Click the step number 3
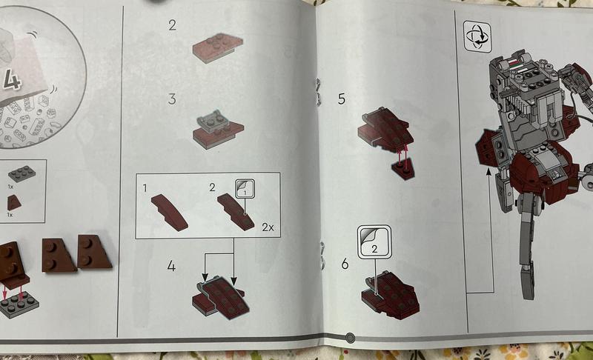(x=172, y=99)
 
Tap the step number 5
(x=342, y=99)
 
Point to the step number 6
(x=345, y=264)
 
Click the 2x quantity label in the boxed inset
(x=268, y=227)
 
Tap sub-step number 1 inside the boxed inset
(x=145, y=187)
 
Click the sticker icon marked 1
(x=245, y=188)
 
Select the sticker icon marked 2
(x=374, y=242)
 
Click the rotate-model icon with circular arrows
(x=477, y=36)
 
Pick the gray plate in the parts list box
(x=22, y=174)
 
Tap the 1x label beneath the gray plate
(x=10, y=187)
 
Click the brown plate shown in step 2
(x=217, y=47)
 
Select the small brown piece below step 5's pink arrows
(x=403, y=171)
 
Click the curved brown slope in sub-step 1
(x=170, y=213)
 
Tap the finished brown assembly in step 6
(x=391, y=293)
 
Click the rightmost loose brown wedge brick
(x=94, y=252)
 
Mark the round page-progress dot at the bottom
(x=350, y=337)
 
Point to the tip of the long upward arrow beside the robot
(x=488, y=169)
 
